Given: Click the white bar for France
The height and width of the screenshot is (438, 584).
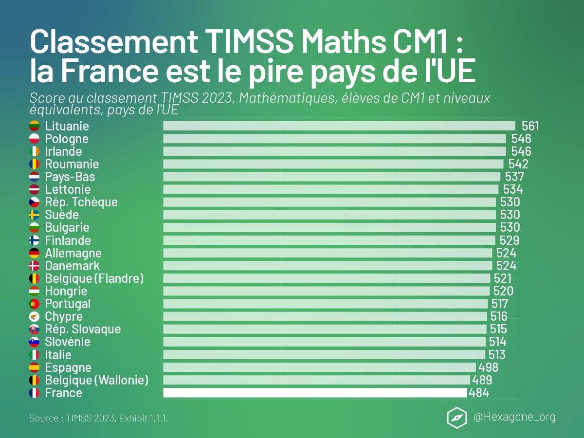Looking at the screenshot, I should click(315, 393).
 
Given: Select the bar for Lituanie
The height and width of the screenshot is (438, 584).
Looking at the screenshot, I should click(339, 126).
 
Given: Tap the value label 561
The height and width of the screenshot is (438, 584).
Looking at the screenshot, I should click(530, 127).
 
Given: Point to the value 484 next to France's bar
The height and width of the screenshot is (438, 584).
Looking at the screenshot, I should click(478, 393).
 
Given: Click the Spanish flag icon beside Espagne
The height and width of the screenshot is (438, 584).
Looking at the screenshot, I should click(35, 367).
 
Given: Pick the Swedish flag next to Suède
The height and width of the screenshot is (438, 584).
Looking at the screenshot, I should click(35, 215).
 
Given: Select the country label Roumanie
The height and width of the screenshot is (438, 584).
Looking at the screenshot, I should click(72, 164).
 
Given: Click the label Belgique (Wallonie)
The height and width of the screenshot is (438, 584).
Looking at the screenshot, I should click(96, 380).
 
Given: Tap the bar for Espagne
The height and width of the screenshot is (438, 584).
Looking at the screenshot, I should click(319, 367).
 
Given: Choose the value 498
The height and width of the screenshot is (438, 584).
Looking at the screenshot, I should click(488, 367).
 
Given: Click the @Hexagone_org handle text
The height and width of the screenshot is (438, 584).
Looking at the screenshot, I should click(514, 417).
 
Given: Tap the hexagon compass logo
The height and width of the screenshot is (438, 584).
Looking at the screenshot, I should click(456, 417).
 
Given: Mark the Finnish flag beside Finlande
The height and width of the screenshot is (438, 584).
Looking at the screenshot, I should click(35, 240).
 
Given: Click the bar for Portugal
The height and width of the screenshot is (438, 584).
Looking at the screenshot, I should click(325, 304).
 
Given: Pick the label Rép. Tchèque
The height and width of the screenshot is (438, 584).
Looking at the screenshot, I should click(81, 202).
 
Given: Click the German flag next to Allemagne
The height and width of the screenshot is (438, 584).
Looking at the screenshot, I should click(35, 253).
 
